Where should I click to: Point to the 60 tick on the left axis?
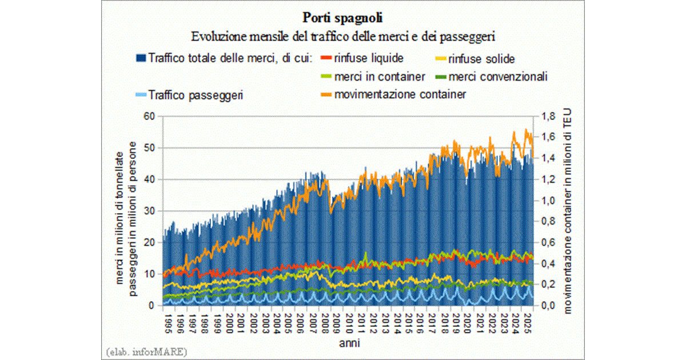(x=150, y=116)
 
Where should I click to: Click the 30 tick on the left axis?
(x=150, y=211)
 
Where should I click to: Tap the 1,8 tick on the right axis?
(x=548, y=116)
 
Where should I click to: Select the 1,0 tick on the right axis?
(x=548, y=201)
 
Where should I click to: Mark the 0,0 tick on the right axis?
(x=548, y=306)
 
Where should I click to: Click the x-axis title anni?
(x=348, y=343)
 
